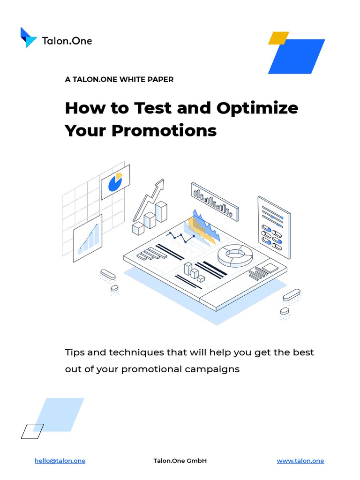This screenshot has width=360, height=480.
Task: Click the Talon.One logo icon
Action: coord(29,38)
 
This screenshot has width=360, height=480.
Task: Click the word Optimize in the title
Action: coord(257,108)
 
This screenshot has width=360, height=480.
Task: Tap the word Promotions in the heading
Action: coord(164,130)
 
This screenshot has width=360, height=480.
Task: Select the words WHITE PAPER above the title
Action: coord(146,79)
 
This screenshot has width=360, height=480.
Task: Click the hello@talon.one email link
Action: coord(60,461)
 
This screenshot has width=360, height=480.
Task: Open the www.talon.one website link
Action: coord(300,461)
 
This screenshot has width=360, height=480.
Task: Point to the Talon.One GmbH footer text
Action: coord(180,461)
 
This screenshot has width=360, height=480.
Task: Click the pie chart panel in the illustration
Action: coord(115,182)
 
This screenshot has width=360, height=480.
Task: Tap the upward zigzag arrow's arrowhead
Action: coord(160,184)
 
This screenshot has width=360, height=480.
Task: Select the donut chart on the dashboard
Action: coord(235,255)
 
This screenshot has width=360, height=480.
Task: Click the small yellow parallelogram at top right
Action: coord(278,38)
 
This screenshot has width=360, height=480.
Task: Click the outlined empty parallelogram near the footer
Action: coord(32,431)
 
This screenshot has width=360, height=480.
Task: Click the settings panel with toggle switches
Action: coord(273,227)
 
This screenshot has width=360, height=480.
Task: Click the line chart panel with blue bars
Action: coord(88,238)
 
